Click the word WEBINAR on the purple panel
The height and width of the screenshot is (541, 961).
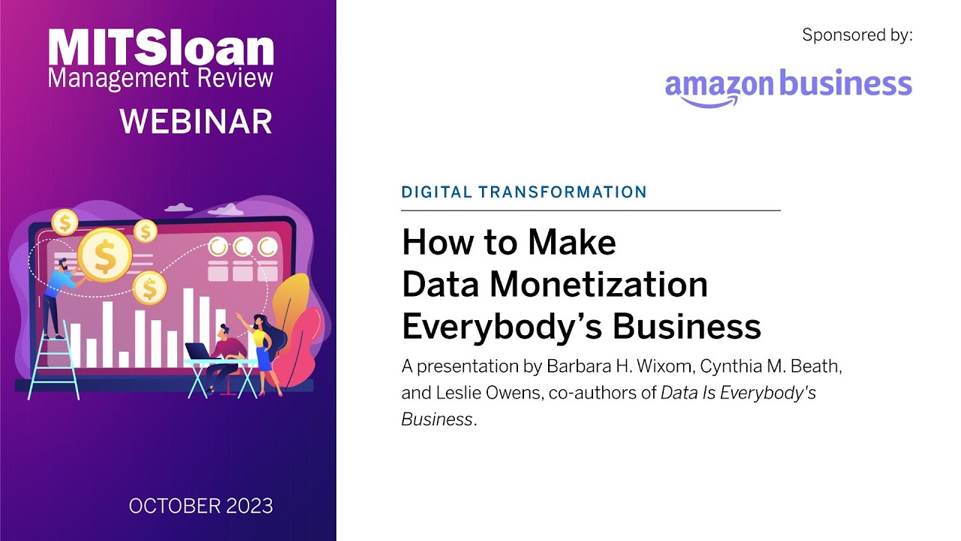(196, 122)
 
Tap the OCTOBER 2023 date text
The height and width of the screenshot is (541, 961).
(200, 506)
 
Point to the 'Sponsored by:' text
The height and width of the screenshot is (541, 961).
(857, 35)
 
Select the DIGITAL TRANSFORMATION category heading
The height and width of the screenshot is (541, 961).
(524, 192)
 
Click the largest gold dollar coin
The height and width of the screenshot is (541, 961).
(104, 255)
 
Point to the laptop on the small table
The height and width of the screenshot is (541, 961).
(198, 352)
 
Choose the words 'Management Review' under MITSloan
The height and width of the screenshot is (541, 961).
(160, 77)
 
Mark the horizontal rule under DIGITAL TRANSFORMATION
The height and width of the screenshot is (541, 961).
(591, 210)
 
